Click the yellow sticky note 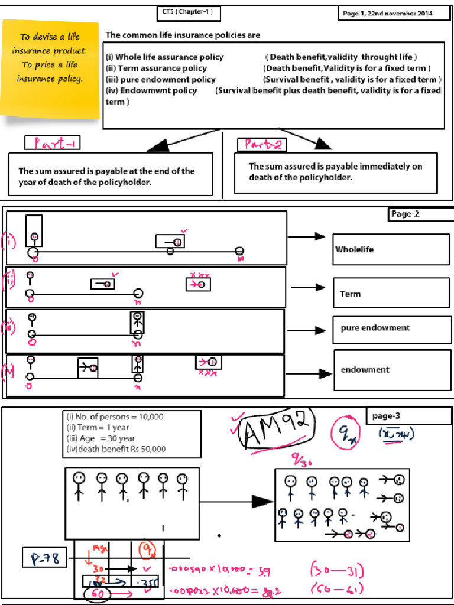click(x=50, y=69)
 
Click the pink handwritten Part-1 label click(x=53, y=143)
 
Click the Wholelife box click(x=391, y=249)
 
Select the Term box click(x=391, y=294)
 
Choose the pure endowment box click(x=391, y=328)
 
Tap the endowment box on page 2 click(x=391, y=370)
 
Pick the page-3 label click(x=408, y=417)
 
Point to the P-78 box click(x=44, y=558)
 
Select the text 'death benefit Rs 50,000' click(x=116, y=449)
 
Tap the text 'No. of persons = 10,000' click(x=115, y=417)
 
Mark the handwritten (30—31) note click(x=338, y=571)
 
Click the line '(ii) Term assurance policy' click(x=156, y=69)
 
